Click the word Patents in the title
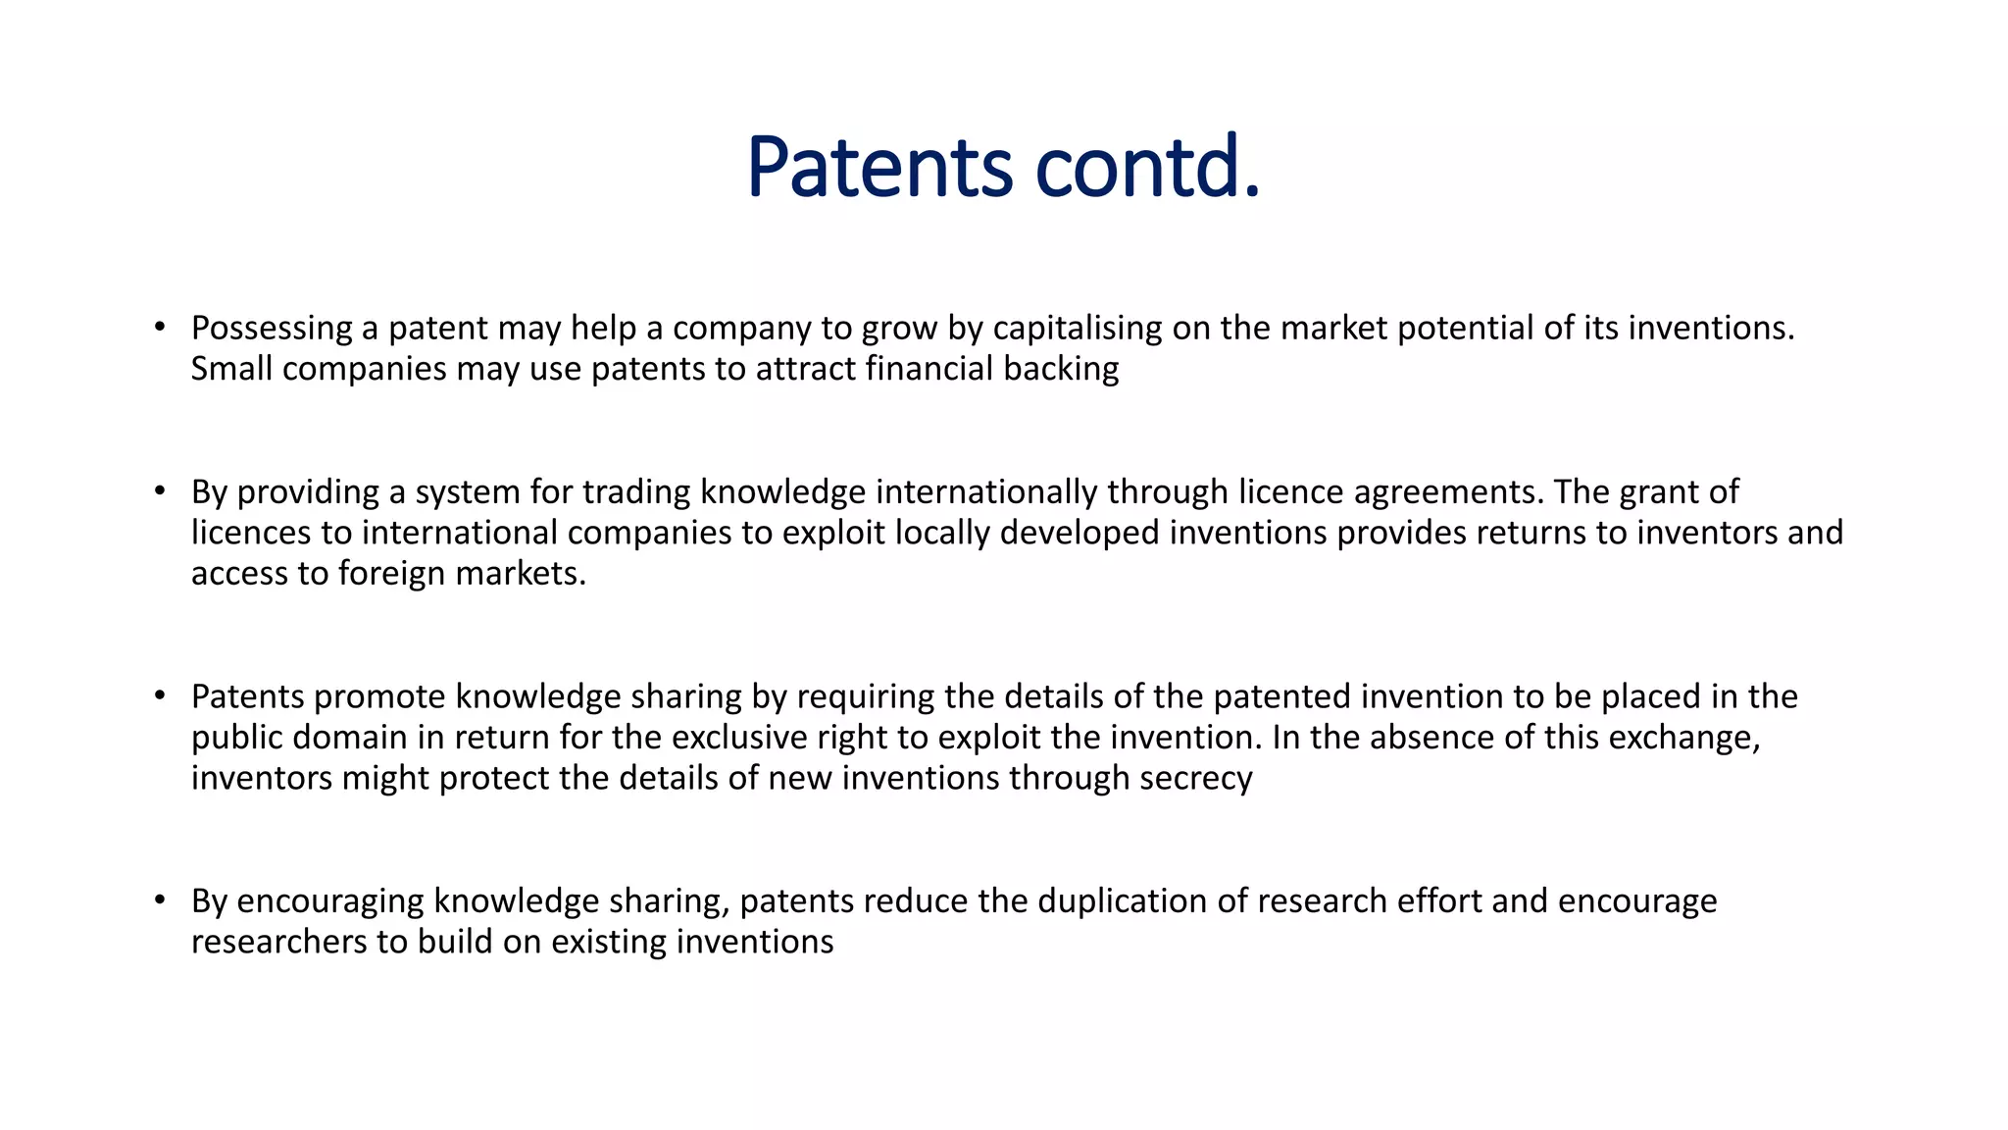(878, 167)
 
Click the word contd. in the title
(1147, 167)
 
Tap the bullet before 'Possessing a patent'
(160, 327)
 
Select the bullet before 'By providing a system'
(160, 490)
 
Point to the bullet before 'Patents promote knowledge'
(160, 695)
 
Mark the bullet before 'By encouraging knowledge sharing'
(160, 900)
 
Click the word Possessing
(272, 328)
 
